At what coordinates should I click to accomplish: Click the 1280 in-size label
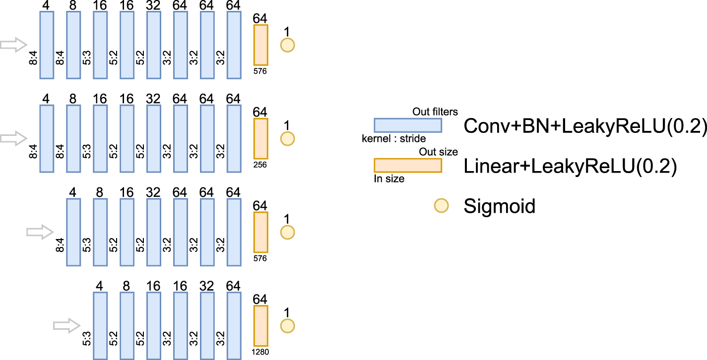click(260, 352)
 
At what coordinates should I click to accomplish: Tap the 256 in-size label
click(260, 165)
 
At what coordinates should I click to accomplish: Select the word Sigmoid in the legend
click(499, 206)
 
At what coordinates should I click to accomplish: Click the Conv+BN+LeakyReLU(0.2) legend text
click(584, 126)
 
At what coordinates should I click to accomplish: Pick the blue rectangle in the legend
click(407, 125)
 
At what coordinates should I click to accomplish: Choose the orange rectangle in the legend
click(407, 165)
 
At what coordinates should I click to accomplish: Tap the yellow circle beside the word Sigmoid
click(441, 206)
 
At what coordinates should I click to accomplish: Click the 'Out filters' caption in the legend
click(435, 112)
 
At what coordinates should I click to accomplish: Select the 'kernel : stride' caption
click(394, 139)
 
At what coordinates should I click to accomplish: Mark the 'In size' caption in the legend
click(389, 179)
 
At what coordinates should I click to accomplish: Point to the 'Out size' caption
click(439, 152)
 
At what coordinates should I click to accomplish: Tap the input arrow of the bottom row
click(66, 325)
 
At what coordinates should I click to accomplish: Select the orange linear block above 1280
click(260, 325)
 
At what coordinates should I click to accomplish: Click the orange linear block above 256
click(260, 138)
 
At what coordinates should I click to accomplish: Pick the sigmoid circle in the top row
click(287, 45)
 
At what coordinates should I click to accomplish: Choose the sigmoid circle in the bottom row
click(287, 326)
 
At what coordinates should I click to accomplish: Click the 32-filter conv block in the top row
click(154, 45)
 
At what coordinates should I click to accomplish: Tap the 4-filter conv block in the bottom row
click(100, 325)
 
